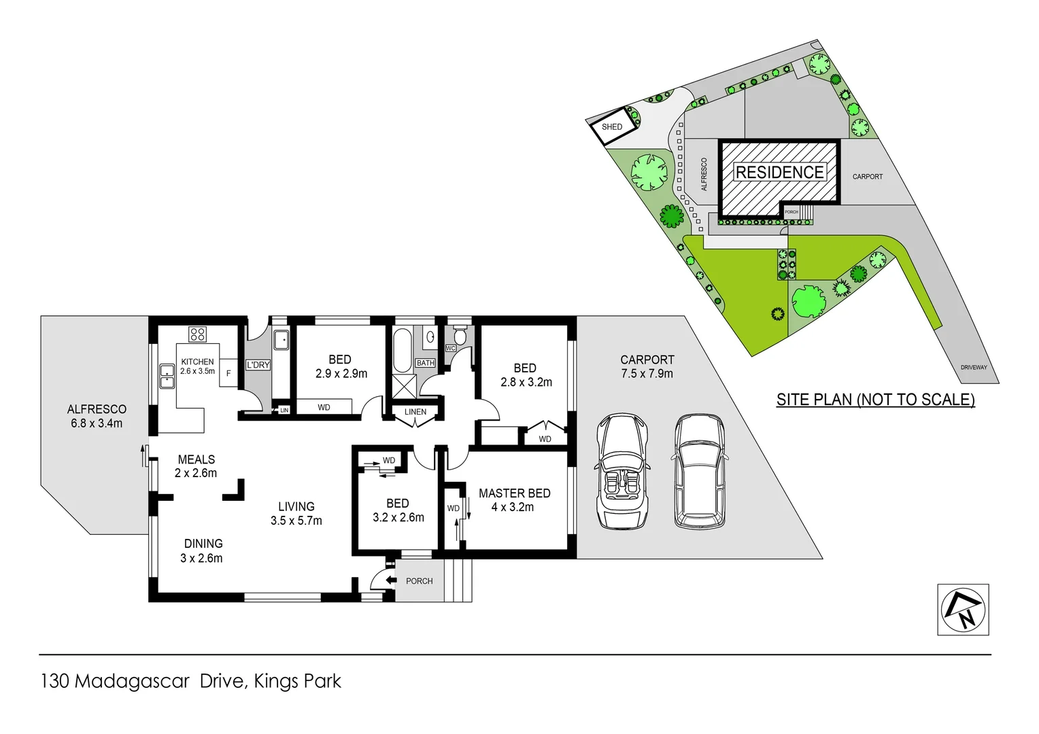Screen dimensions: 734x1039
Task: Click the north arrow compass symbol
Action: point(963,610)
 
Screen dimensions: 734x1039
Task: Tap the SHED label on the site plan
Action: point(611,127)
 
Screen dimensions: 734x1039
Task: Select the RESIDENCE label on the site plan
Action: point(779,173)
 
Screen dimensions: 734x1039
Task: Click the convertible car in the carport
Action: point(622,472)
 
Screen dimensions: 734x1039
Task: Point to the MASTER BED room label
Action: point(514,500)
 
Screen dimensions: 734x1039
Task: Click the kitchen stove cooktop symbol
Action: point(197,334)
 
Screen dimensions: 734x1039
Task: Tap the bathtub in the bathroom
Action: point(402,350)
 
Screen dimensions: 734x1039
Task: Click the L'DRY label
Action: point(258,365)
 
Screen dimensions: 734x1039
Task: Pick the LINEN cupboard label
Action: point(415,412)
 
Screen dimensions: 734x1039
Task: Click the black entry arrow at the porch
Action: point(390,580)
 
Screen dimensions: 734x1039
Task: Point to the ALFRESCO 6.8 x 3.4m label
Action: point(97,416)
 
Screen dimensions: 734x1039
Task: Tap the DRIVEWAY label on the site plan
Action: point(973,368)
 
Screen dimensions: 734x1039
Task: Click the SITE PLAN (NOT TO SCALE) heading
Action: point(875,400)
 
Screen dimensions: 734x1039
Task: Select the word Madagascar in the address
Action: point(132,681)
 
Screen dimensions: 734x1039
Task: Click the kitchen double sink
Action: point(167,376)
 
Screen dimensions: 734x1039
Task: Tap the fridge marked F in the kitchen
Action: point(228,373)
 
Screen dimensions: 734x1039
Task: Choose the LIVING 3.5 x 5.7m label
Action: point(296,514)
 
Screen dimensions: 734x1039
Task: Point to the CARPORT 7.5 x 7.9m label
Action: point(647,366)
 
